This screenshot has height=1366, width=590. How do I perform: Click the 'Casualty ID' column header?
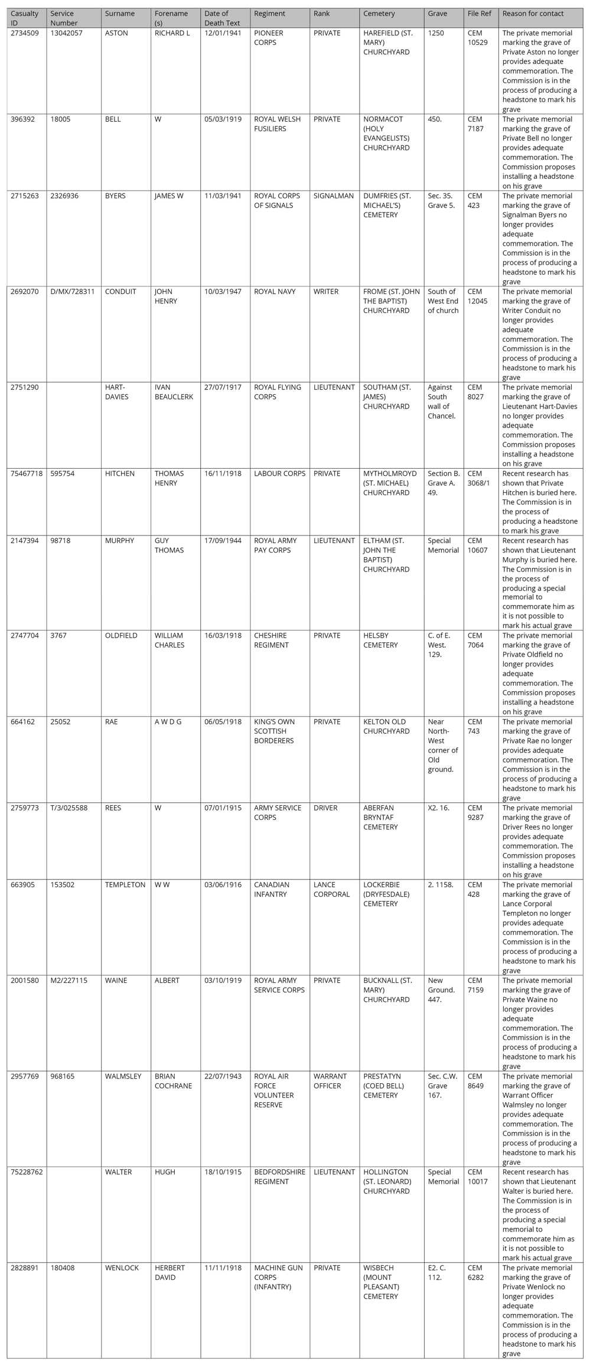24,18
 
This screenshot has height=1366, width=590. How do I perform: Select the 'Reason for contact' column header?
533,14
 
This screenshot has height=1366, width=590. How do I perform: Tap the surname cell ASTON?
116,33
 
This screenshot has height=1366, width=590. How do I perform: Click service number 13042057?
66,33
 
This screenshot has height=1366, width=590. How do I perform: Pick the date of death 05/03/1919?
223,119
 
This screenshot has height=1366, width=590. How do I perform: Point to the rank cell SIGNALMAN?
334,196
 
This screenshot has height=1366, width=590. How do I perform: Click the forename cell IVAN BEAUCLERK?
174,392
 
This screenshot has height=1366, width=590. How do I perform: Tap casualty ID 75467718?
27,473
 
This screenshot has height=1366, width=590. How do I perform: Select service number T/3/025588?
69,808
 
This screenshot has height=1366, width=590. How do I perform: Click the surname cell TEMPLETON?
125,885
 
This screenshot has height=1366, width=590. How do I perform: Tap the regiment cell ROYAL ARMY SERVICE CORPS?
279,985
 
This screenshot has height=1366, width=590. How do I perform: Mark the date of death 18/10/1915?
223,1172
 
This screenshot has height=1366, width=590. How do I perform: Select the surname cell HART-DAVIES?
116,392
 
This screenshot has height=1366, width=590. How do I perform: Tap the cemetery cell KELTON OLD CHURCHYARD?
386,727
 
